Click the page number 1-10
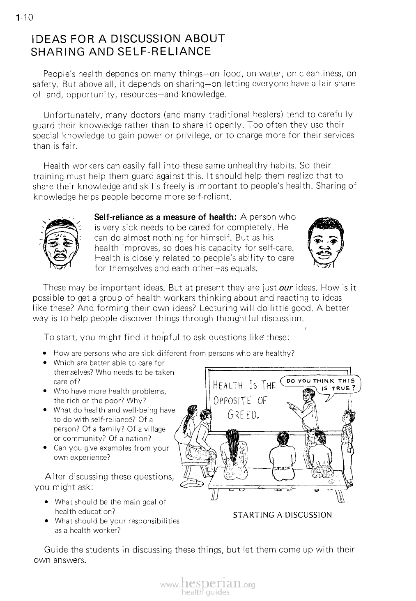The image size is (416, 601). pos(20,18)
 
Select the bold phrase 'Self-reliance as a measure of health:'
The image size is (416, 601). pos(165,217)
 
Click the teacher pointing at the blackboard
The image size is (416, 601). pos(310,411)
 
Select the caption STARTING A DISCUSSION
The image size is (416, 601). pos(282,515)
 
